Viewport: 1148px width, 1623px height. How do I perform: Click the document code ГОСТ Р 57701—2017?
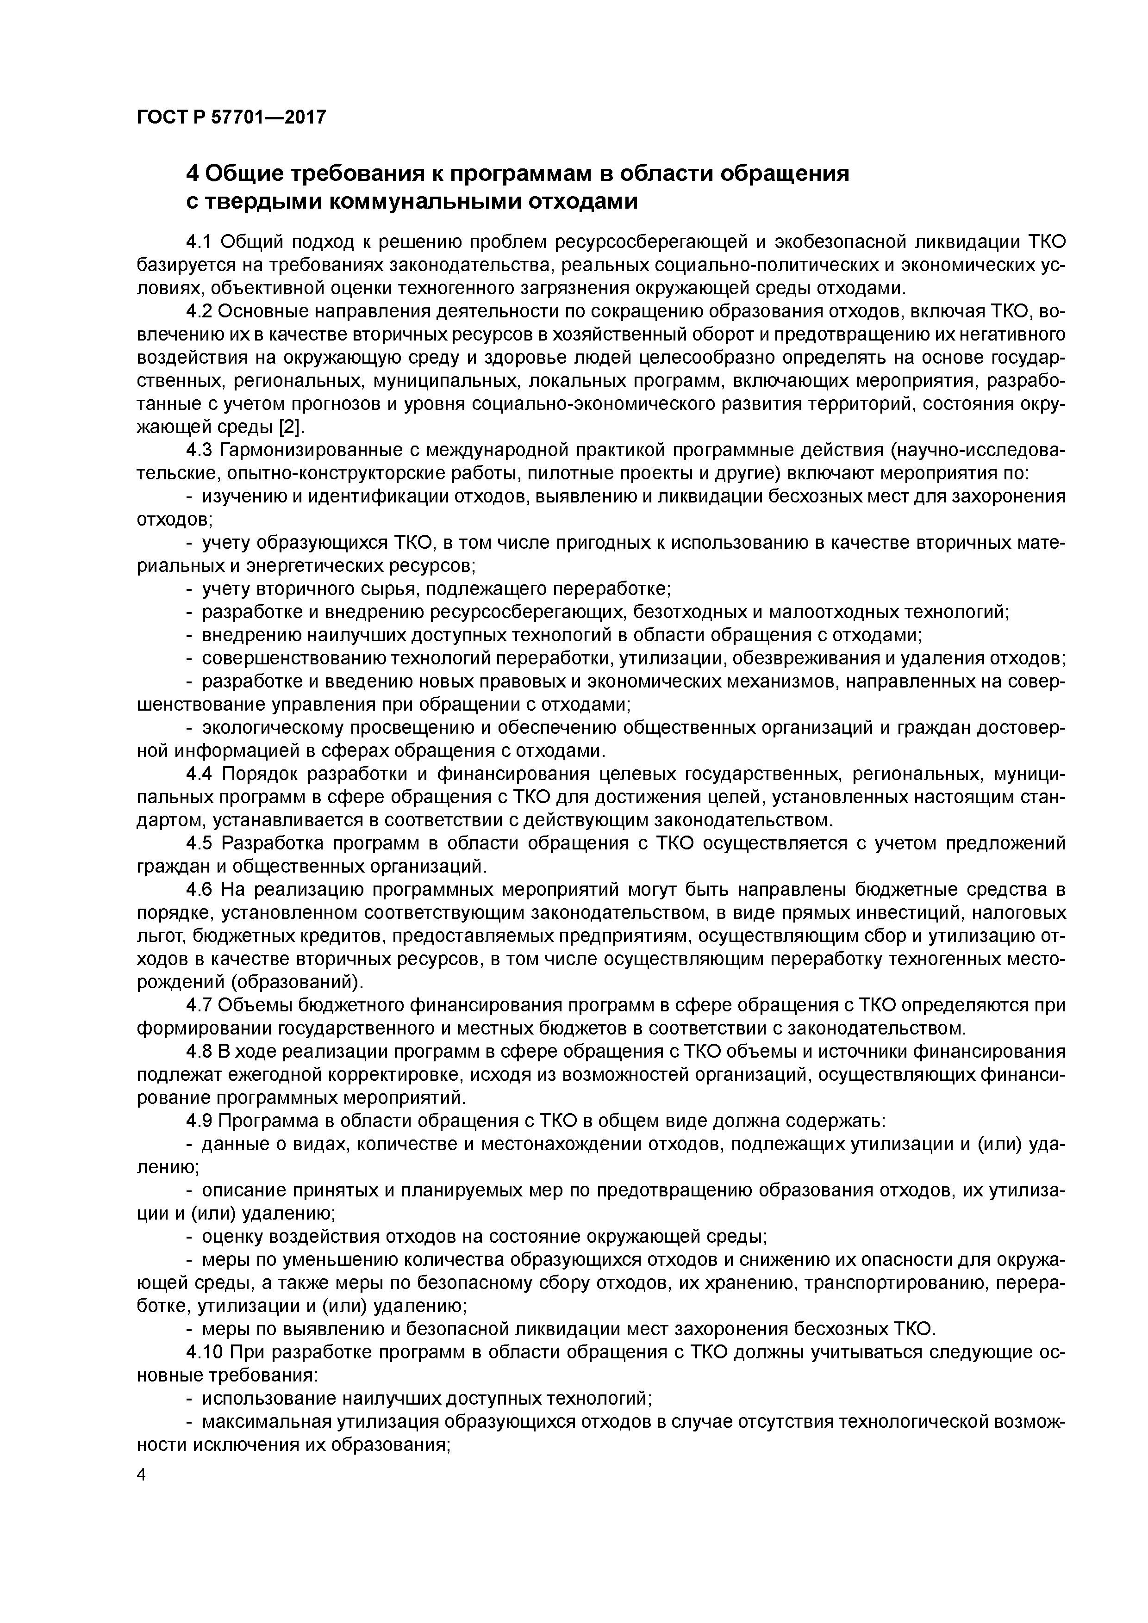231,117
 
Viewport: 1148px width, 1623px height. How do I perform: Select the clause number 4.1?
199,242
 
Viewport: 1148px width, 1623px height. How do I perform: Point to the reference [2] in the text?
289,427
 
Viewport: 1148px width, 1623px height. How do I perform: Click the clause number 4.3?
199,450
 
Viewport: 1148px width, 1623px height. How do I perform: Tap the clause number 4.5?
199,843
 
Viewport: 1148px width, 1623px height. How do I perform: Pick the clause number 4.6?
199,889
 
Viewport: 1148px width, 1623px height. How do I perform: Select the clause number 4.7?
199,1005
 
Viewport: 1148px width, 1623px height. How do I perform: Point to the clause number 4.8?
199,1051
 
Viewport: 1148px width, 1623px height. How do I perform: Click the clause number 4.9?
199,1121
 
